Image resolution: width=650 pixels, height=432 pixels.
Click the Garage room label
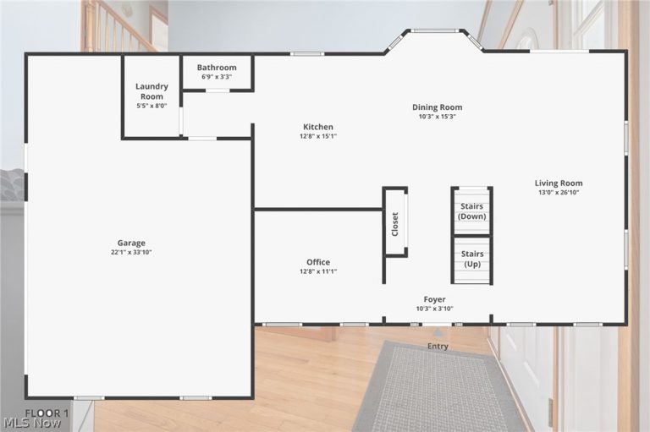tap(131, 243)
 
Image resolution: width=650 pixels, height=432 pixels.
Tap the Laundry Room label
tap(151, 91)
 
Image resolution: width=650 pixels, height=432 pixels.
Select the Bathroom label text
tap(217, 67)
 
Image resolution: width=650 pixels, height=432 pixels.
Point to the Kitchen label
tap(318, 127)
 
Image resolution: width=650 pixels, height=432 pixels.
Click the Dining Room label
tap(437, 107)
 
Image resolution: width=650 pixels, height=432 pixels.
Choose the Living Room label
tap(559, 183)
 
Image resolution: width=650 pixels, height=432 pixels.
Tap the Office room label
tap(318, 262)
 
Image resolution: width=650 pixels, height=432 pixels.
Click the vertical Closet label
tap(395, 224)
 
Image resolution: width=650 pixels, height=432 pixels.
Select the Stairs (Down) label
tap(471, 211)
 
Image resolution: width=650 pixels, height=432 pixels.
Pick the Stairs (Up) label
tap(472, 259)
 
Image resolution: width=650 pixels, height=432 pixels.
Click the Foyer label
tap(434, 299)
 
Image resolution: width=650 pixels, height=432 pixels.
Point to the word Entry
tap(438, 347)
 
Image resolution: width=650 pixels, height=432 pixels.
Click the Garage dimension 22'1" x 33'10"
tap(131, 252)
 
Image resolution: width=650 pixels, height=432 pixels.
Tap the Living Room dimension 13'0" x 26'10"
tap(559, 192)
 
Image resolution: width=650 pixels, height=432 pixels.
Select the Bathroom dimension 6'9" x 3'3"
tap(217, 77)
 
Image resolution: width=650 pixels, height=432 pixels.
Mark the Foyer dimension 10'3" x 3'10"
tap(434, 309)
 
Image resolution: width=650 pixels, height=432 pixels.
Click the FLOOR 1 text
tap(47, 413)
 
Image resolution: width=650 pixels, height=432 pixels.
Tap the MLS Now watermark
tap(32, 424)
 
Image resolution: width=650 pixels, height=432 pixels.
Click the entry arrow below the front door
tap(438, 331)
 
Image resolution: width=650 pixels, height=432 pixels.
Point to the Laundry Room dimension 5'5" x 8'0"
tap(151, 106)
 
